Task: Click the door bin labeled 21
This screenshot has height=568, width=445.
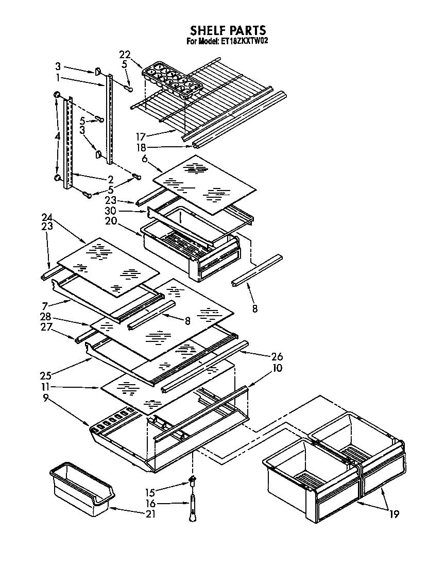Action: [x=82, y=489]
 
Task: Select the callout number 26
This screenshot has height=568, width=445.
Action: [x=276, y=356]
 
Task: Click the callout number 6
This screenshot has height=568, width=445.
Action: [x=145, y=160]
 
